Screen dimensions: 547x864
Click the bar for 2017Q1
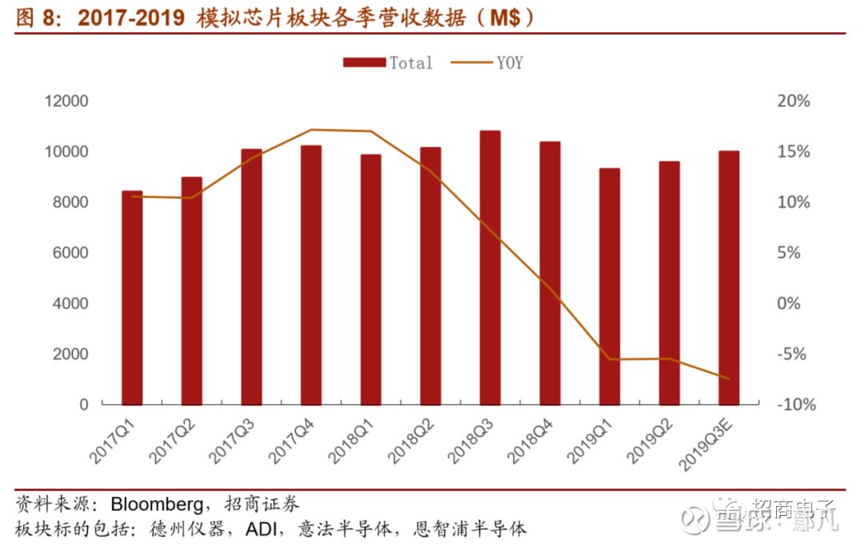tap(132, 297)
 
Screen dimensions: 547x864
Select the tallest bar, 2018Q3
tap(490, 267)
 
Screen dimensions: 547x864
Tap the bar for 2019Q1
tap(610, 286)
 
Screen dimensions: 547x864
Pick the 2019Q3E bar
tap(729, 277)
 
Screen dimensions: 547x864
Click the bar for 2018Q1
tap(371, 279)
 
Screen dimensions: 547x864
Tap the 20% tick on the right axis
tap(794, 102)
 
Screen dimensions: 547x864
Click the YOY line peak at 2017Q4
tap(311, 130)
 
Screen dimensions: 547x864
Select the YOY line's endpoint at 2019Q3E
tap(729, 378)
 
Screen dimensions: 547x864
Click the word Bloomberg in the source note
tap(156, 505)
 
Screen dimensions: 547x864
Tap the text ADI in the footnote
tap(264, 529)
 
